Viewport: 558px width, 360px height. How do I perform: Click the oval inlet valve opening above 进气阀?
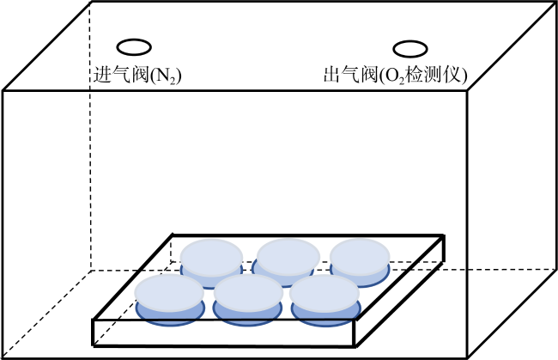(134, 40)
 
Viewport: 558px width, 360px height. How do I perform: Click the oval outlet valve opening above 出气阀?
(410, 41)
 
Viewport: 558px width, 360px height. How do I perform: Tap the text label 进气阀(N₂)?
(137, 76)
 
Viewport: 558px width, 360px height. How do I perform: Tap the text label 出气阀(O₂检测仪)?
(395, 76)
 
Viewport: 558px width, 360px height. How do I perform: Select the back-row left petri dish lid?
(211, 258)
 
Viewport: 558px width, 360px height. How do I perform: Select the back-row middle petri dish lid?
(288, 257)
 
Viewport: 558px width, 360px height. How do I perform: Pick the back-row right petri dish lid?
(360, 257)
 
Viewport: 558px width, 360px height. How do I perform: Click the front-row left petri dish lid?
(169, 293)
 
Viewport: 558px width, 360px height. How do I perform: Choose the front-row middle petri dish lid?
(248, 293)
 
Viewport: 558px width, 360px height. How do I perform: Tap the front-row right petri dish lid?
(324, 293)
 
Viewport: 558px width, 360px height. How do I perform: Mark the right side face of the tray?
(400, 290)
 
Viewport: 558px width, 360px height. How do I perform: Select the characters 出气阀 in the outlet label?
(350, 75)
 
